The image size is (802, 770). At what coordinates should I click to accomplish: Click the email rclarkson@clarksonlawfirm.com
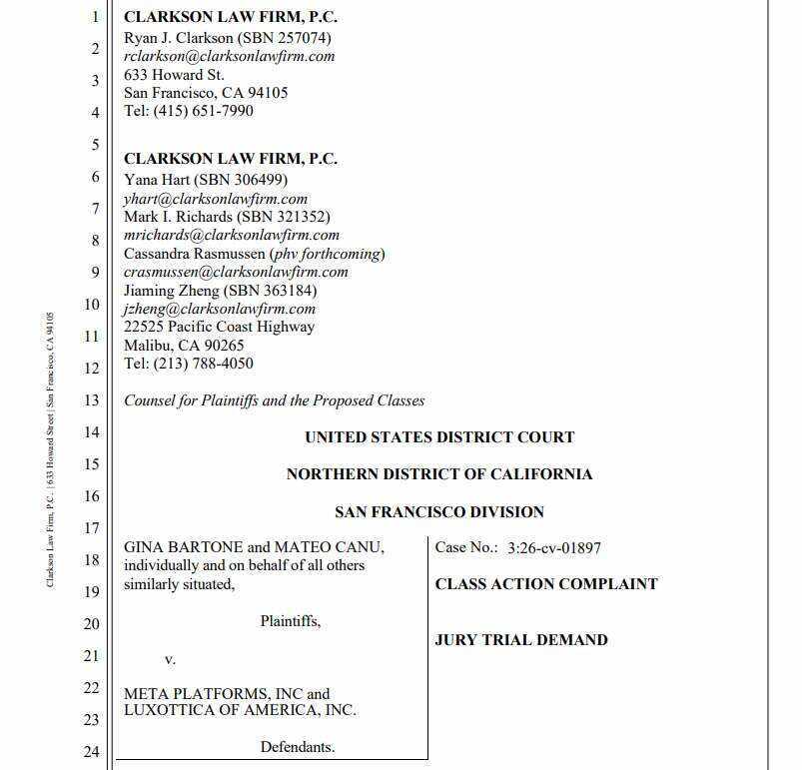229,57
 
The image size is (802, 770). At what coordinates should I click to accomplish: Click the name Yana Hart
159,180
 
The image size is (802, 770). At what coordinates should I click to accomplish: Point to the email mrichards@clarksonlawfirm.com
231,235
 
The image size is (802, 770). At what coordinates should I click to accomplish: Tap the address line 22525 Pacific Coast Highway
219,327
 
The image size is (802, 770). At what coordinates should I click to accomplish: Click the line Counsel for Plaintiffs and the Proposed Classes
274,400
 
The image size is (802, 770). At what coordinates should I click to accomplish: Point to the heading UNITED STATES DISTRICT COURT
439,437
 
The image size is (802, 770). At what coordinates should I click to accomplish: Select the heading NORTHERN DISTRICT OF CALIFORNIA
439,474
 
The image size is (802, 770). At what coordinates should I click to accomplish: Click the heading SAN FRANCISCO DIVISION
439,511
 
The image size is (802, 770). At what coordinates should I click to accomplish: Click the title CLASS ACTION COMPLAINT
546,584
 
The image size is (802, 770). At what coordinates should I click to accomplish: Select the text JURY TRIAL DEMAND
520,640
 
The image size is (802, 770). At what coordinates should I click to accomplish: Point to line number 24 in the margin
91,751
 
